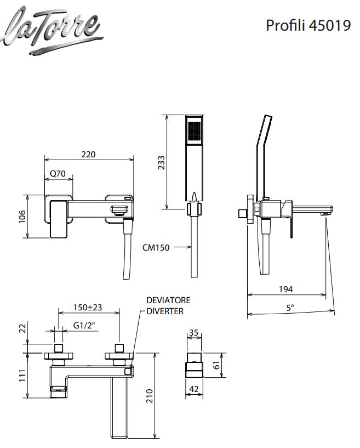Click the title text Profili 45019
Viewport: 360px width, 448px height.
(x=308, y=26)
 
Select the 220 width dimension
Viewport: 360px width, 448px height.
(x=88, y=155)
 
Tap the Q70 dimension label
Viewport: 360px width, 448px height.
(x=58, y=174)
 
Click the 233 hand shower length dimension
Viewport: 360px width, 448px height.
(x=161, y=162)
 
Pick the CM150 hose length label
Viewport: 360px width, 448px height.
(x=155, y=247)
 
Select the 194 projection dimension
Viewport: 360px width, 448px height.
(x=285, y=289)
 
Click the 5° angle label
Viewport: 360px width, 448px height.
(x=290, y=308)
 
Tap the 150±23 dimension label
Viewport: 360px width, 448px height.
(x=88, y=308)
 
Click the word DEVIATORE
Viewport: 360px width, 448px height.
(x=168, y=300)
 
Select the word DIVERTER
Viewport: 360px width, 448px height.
(x=165, y=311)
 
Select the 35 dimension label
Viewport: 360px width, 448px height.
(x=194, y=332)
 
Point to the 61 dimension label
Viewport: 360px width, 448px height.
(x=231, y=365)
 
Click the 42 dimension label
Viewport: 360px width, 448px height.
(x=194, y=389)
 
